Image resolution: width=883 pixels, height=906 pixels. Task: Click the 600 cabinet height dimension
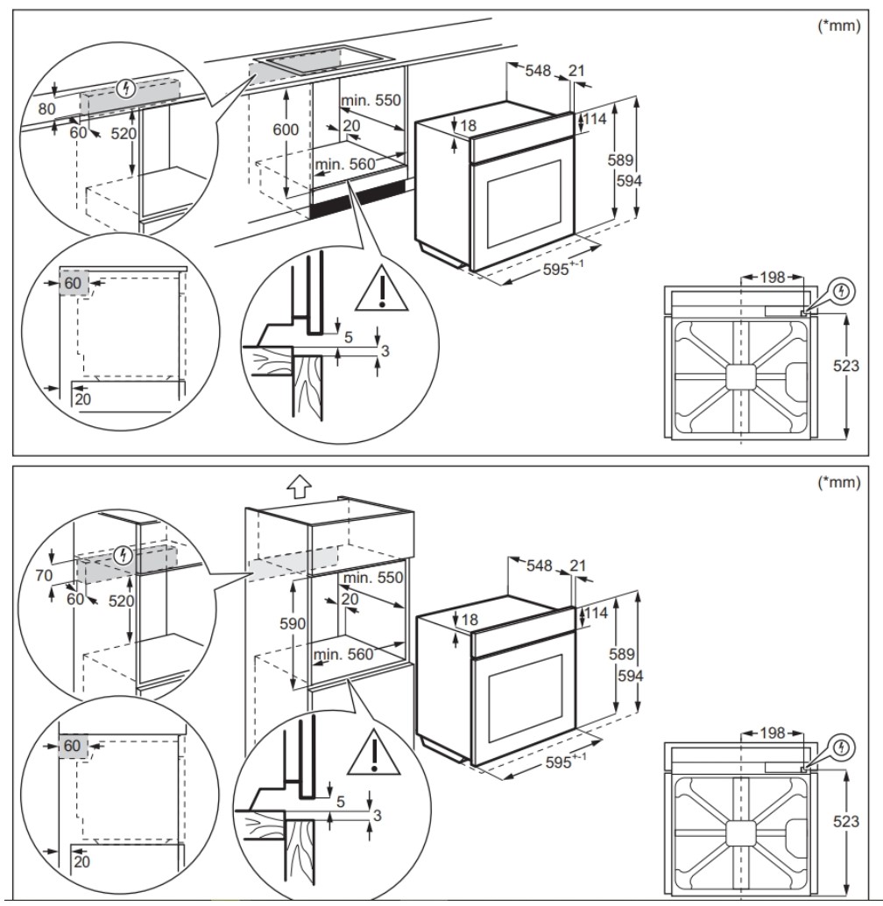point(286,130)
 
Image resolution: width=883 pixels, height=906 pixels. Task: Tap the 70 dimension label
point(43,575)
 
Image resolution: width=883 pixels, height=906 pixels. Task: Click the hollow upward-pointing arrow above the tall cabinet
point(299,487)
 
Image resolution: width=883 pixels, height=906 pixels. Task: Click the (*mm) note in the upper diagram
point(839,25)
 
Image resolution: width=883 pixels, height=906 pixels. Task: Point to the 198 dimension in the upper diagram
point(772,278)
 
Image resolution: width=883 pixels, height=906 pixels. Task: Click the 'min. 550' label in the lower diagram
point(373,578)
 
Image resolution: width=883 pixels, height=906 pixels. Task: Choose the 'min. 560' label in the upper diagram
point(345,164)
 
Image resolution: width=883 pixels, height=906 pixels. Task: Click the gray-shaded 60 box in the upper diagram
point(74,283)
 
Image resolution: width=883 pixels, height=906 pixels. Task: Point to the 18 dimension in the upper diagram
point(468,125)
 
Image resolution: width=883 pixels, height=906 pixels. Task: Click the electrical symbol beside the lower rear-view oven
point(842,746)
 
